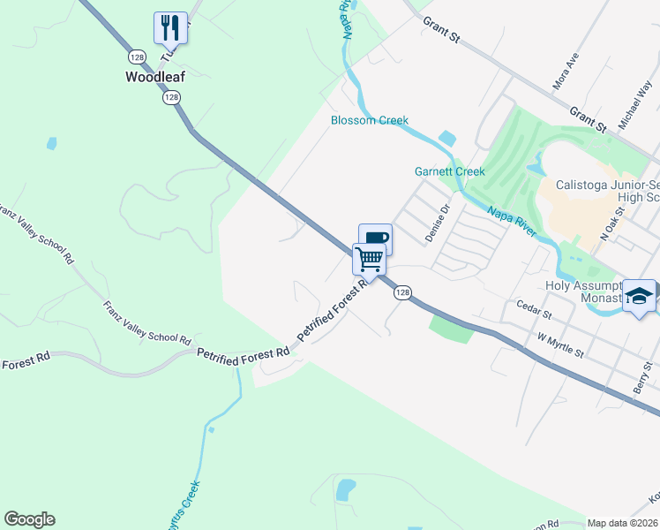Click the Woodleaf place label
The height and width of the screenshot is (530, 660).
pyautogui.click(x=154, y=77)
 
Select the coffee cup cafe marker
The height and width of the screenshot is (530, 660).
pyautogui.click(x=375, y=238)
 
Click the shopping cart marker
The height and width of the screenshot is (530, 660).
pyautogui.click(x=370, y=260)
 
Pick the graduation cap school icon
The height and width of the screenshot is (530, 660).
pyautogui.click(x=640, y=297)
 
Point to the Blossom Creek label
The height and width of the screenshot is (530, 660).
pyautogui.click(x=370, y=120)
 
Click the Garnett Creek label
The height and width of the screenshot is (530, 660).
pyautogui.click(x=450, y=171)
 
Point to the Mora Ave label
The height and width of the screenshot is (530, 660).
pyautogui.click(x=565, y=72)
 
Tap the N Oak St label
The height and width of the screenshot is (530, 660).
pyautogui.click(x=612, y=225)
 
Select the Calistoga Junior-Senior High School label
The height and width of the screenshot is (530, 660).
pyautogui.click(x=607, y=192)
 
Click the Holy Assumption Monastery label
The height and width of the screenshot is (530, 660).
pyautogui.click(x=582, y=292)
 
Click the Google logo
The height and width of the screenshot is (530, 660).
pyautogui.click(x=29, y=519)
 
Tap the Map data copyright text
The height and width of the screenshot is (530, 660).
pyautogui.click(x=623, y=523)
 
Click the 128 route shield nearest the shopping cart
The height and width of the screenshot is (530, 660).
pyautogui.click(x=402, y=292)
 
